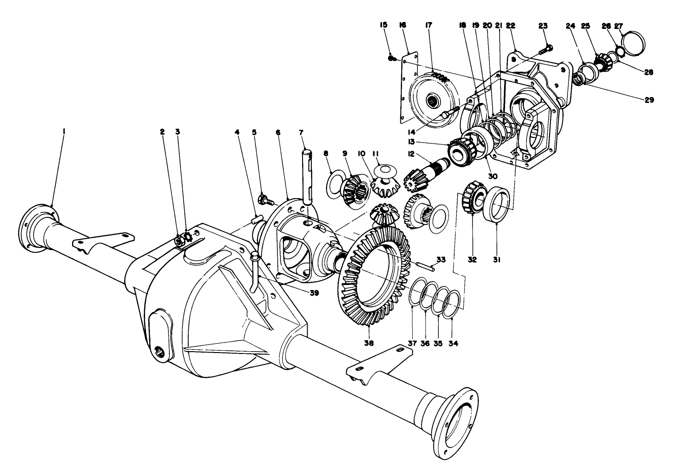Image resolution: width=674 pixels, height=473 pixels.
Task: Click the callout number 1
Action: click(x=63, y=131)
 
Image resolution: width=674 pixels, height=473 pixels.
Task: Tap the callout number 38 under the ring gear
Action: click(x=369, y=343)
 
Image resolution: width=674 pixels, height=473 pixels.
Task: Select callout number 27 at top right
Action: click(x=618, y=26)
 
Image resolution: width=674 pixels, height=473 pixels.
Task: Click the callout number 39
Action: click(x=314, y=292)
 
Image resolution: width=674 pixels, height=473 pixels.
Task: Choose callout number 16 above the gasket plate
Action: click(x=402, y=26)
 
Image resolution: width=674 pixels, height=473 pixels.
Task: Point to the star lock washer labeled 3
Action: click(x=187, y=237)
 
